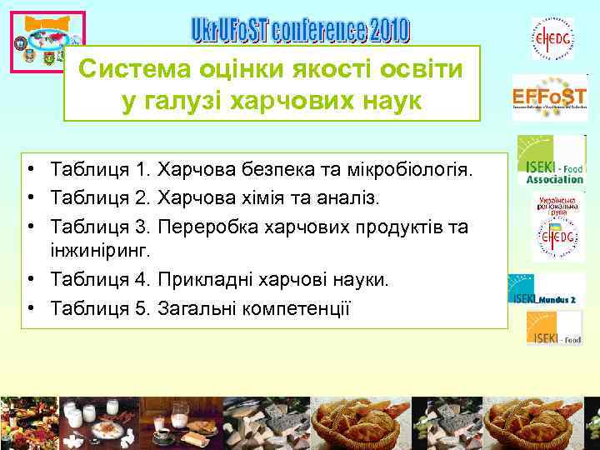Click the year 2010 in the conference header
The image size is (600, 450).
pyautogui.click(x=380, y=31)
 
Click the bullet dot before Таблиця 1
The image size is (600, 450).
pyautogui.click(x=29, y=171)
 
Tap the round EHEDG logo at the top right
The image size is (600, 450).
pyautogui.click(x=552, y=38)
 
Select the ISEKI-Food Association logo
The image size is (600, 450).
pyautogui.click(x=551, y=160)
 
